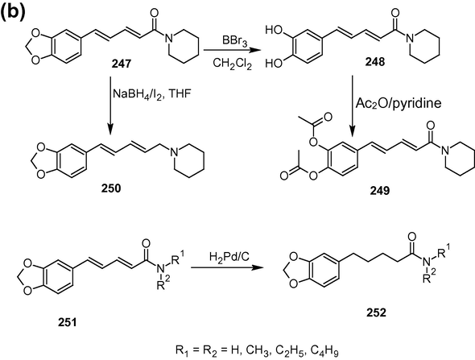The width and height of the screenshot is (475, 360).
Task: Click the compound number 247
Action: point(121,64)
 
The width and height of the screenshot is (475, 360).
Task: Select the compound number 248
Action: point(374,62)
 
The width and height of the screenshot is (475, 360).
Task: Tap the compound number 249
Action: point(379,190)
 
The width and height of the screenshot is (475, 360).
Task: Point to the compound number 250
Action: point(110,188)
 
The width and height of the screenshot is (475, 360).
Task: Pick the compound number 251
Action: point(68,322)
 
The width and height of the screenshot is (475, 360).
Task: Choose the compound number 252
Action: point(376,312)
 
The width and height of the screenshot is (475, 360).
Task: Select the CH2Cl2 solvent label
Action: point(232,64)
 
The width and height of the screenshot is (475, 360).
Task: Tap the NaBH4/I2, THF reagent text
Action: point(152,94)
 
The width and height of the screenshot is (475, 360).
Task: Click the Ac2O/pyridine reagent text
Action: point(399,103)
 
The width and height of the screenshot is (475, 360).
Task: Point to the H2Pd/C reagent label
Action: point(229,257)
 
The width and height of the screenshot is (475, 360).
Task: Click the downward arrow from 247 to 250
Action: point(110,105)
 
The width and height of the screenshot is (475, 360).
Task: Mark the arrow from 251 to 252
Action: point(226,268)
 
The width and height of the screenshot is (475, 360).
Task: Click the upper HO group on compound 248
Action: point(274,31)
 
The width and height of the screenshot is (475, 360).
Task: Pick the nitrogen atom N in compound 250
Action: point(174,152)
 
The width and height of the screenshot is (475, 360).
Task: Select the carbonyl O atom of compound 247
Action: point(155,13)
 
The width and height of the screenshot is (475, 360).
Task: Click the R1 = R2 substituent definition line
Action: point(257,351)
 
